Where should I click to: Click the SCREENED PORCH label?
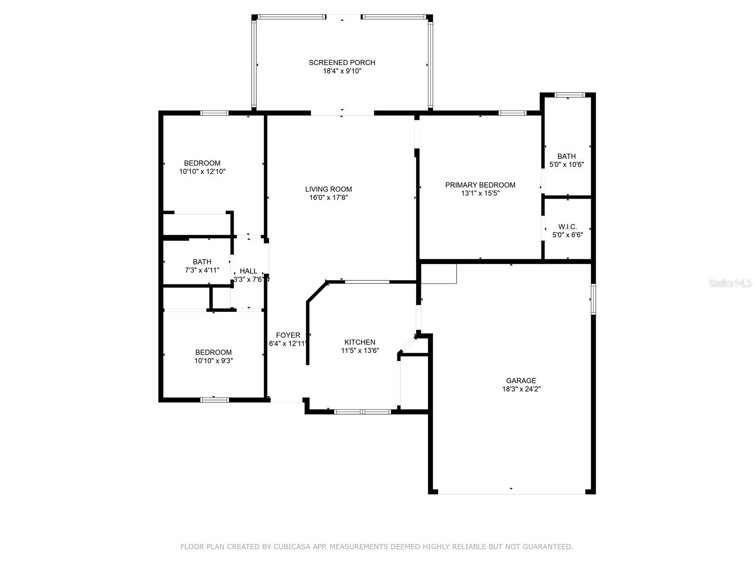click(x=342, y=62)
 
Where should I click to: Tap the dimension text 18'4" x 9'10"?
click(x=342, y=71)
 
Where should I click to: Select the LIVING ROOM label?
click(x=328, y=189)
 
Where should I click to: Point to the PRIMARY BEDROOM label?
click(x=480, y=185)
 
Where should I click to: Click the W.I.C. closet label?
click(x=567, y=227)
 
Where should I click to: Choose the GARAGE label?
click(x=521, y=381)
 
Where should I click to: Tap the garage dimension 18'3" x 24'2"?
click(x=521, y=389)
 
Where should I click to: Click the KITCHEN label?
click(x=360, y=342)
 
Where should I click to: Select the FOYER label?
click(x=288, y=335)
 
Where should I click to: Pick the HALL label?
click(x=248, y=271)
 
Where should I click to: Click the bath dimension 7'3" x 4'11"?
click(x=202, y=270)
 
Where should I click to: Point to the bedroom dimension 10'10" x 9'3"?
click(x=213, y=361)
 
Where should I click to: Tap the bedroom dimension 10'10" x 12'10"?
click(x=202, y=172)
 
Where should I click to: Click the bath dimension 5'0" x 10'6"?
click(x=566, y=165)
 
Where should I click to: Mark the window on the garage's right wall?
click(x=593, y=299)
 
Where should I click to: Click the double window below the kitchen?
click(x=362, y=412)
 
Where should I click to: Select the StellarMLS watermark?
click(x=730, y=283)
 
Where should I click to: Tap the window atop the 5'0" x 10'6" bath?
click(x=570, y=95)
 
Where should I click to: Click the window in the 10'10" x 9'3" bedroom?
click(x=214, y=400)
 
